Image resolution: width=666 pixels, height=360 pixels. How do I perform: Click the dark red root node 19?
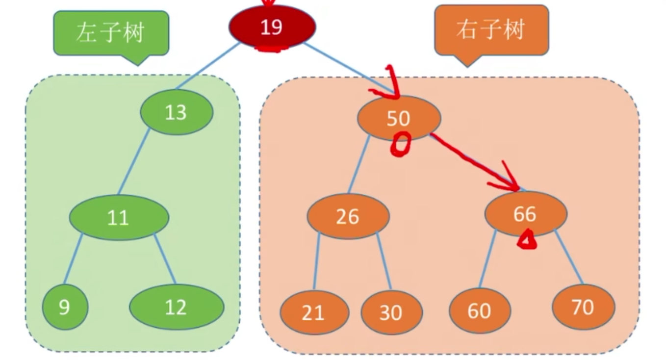pos(272,26)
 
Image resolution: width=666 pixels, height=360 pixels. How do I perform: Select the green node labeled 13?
pos(177,112)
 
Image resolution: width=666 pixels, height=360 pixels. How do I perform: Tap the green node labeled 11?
pos(119,217)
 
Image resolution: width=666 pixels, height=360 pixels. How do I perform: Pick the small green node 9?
pos(65,307)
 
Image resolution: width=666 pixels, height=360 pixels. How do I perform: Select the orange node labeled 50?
pos(398,118)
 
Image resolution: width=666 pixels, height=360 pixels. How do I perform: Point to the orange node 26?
pos(348,216)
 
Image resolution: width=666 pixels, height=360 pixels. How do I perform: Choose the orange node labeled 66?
pos(525,214)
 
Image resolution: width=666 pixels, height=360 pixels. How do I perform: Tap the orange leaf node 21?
pos(314,312)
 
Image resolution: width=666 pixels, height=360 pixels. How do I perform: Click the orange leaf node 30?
pos(391,312)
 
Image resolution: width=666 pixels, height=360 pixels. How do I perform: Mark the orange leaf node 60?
pos(480,311)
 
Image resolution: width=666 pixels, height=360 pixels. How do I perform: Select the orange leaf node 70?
pos(583,307)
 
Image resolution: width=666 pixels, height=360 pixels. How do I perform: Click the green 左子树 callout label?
pos(111,33)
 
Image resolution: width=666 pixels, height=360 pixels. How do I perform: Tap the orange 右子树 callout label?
pos(491,30)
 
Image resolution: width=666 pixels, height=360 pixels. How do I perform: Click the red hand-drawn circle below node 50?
pos(400,145)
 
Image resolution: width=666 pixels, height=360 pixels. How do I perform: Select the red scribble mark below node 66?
pos(527,240)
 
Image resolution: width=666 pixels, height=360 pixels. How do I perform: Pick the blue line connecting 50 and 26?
pos(359,164)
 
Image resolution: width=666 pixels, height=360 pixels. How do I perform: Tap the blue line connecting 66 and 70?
pos(569,257)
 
